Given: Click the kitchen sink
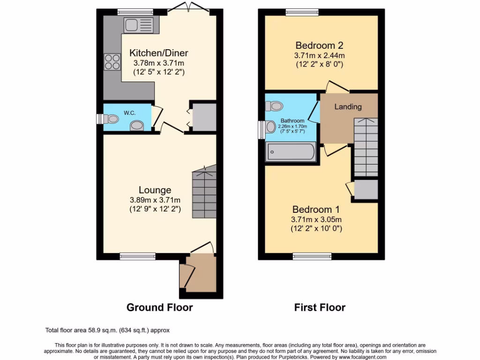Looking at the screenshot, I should pos(139,24).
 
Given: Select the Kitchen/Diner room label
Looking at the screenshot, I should pos(158,53).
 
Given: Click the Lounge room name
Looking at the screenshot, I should pos(155,190).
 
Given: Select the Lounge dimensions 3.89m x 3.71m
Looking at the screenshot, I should pos(155,200).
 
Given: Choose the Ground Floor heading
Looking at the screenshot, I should pos(159,307).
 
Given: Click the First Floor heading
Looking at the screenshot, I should pos(320,307).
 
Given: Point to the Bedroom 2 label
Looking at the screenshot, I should pos(319,45).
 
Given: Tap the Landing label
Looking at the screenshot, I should pos(348,107).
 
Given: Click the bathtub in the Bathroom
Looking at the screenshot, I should pos(291,152).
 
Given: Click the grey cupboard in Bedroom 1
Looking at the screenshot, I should pos(366,189).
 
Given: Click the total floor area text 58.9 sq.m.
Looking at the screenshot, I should pos(110,330).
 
